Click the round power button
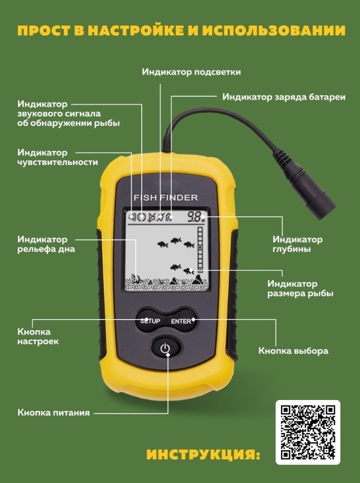[165, 348]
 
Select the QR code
[308, 432]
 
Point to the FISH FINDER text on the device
[166, 197]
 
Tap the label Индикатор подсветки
[191, 72]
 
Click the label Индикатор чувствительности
[58, 157]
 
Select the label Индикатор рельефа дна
[46, 244]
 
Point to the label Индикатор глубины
[298, 244]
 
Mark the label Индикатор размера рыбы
[300, 288]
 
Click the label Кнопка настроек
[38, 337]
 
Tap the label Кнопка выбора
[293, 351]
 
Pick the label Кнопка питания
[54, 413]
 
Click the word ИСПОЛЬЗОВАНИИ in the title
[274, 31]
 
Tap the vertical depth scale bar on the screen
[200, 250]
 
